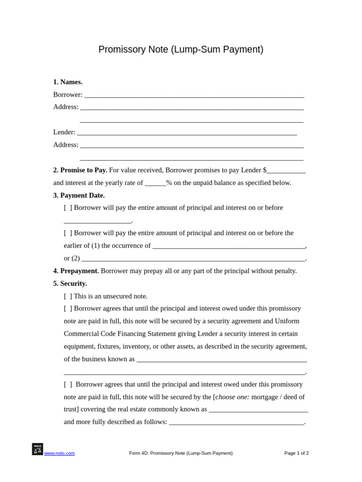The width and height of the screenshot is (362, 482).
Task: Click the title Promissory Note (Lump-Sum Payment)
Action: [181, 49]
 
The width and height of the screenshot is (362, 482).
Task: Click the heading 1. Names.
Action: [68, 82]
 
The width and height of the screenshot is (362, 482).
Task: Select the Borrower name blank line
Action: [194, 95]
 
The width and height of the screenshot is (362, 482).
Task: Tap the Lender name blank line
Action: [187, 133]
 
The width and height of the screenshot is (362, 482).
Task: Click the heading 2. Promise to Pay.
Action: [80, 170]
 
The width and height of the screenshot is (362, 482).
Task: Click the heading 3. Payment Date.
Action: [79, 195]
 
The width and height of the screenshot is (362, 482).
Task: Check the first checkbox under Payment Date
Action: [68, 208]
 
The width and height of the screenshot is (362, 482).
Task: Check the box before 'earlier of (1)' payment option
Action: [68, 233]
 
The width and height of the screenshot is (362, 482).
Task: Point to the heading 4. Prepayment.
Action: [76, 271]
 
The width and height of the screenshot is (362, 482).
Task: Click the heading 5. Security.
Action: [70, 283]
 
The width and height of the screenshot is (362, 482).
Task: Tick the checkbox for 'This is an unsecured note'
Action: [68, 296]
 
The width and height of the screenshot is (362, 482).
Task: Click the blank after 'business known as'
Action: [222, 360]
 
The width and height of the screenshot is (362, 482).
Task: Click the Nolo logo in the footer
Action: [37, 449]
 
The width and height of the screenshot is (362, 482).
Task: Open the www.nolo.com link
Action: [59, 453]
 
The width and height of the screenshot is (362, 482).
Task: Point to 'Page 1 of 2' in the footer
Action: [296, 453]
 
